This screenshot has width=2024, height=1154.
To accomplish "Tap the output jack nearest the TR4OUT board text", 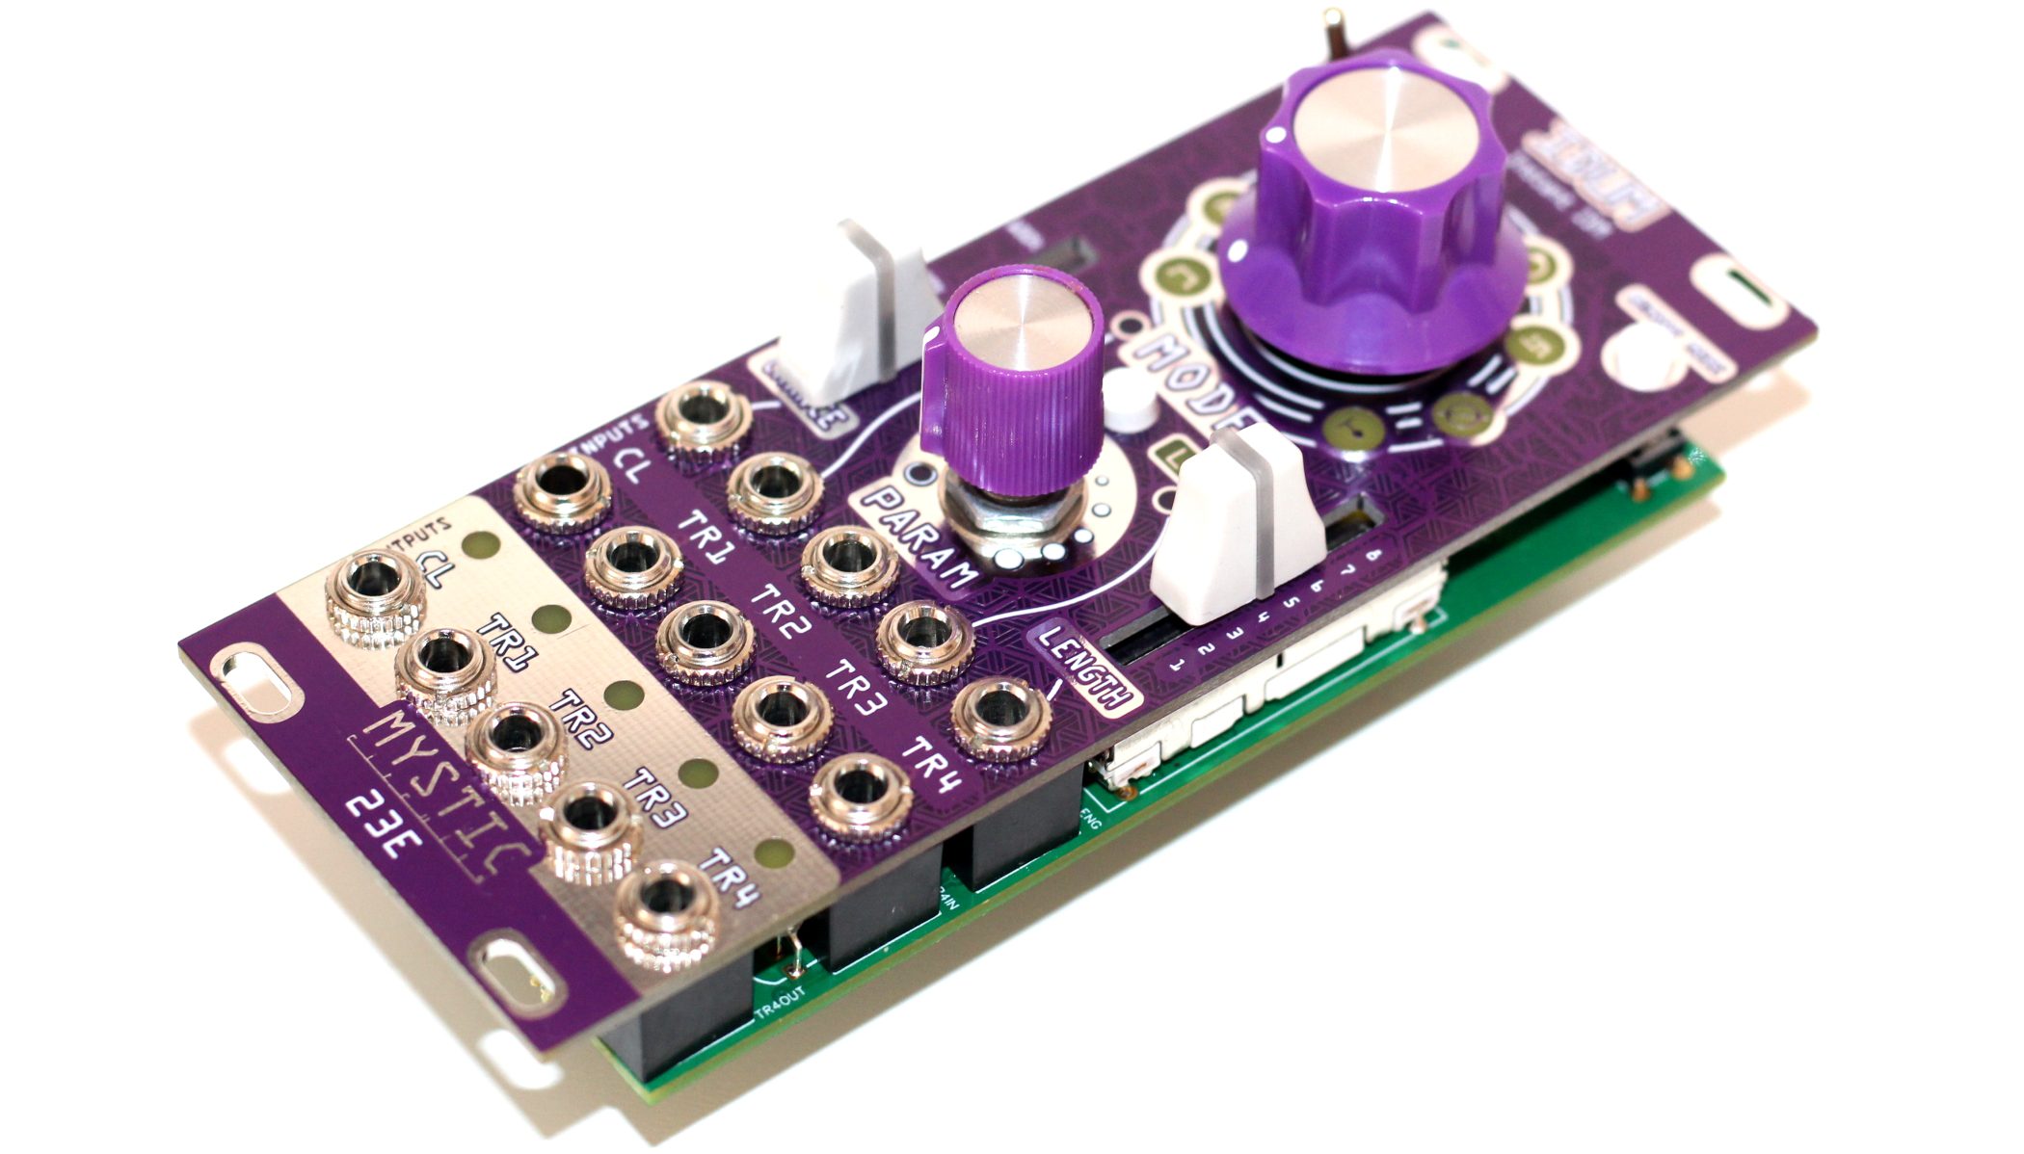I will [665, 915].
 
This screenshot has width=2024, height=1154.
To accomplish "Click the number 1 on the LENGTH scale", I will [1175, 666].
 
